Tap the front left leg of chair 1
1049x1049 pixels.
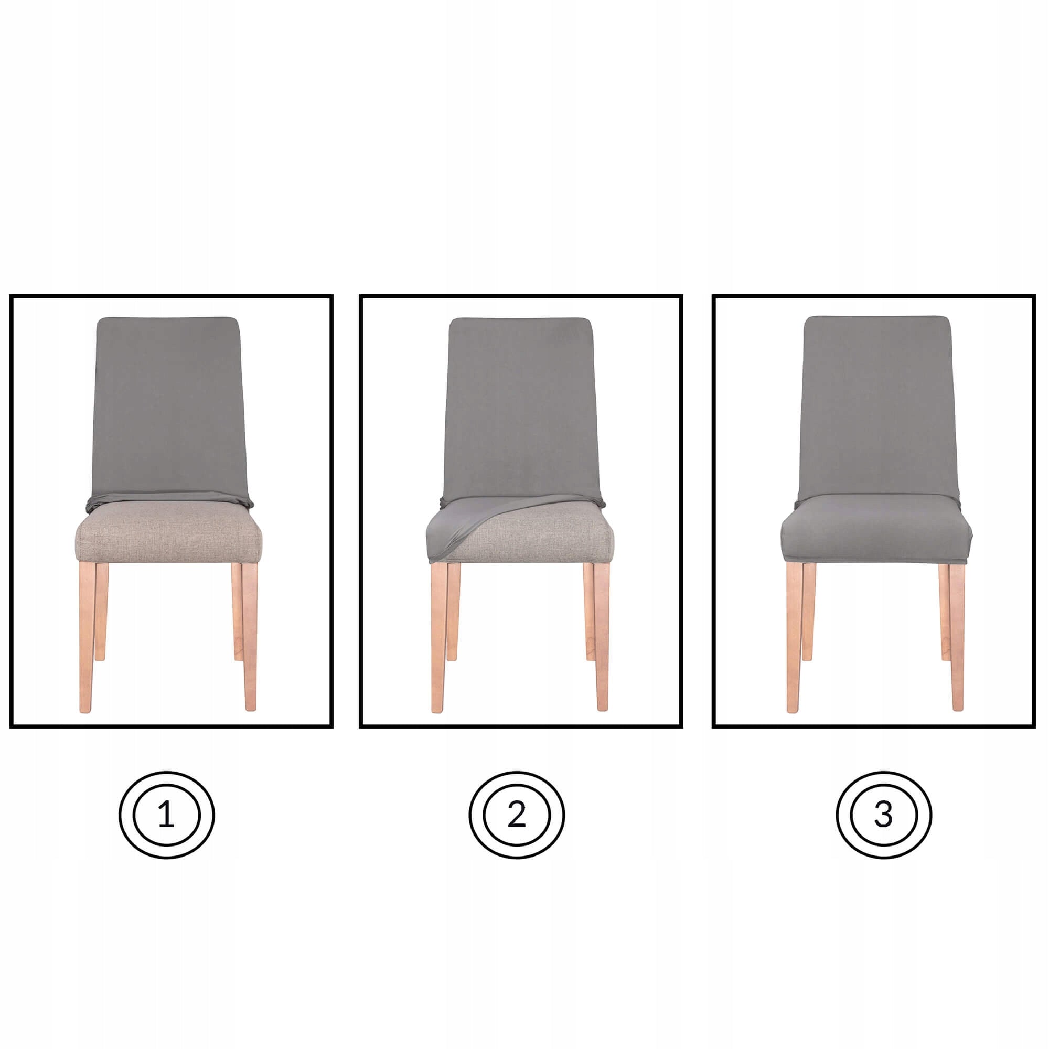pos(87,641)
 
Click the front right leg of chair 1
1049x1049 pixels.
pos(249,641)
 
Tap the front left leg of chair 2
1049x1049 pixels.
pos(438,641)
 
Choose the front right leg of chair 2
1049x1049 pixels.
pos(602,641)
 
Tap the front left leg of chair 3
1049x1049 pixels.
pos(794,641)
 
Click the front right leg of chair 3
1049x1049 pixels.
pos(957,641)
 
